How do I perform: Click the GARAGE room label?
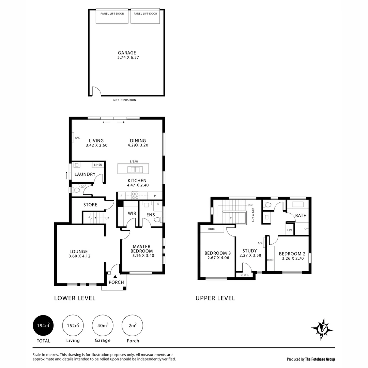[x=127, y=53]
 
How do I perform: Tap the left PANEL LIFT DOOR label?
[x=112, y=14]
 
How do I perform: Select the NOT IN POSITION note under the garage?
[x=125, y=100]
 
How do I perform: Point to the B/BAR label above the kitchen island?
[x=134, y=162]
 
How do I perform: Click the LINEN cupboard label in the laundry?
[x=98, y=165]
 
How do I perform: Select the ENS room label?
[x=151, y=215]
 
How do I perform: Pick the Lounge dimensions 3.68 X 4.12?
[x=80, y=256]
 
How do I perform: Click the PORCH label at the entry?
[x=116, y=282]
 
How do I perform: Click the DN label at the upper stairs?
[x=250, y=205]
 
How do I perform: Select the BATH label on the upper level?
[x=301, y=215]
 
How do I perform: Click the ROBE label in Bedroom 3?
[x=212, y=229]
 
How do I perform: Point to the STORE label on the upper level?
[x=245, y=275]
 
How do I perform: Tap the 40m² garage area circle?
[x=103, y=325]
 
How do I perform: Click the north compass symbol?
[x=322, y=329]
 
